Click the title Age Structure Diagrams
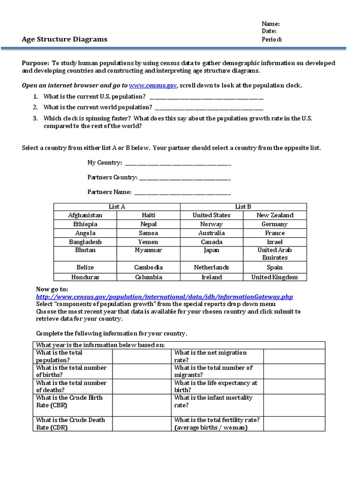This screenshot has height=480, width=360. coord(65,39)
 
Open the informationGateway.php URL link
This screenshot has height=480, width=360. coord(165,297)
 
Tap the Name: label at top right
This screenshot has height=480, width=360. coord(270,24)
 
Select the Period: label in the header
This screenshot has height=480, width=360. coord(272,39)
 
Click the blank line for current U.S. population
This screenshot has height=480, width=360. coord(206,97)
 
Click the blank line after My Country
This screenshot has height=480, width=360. coord(178,163)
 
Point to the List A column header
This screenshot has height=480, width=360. coord(117,207)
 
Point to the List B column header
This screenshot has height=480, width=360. coord(243,207)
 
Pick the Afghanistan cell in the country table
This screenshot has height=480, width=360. coord(85,215)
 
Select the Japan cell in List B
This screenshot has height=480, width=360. coord(211,250)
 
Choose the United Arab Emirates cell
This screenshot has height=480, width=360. coord(275,254)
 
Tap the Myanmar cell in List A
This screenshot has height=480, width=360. coord(148,250)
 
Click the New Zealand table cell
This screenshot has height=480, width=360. coord(275,215)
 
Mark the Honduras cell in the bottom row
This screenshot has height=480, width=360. coord(85,277)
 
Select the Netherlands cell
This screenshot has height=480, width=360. coord(211,267)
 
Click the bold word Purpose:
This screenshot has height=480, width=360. coord(36,63)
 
